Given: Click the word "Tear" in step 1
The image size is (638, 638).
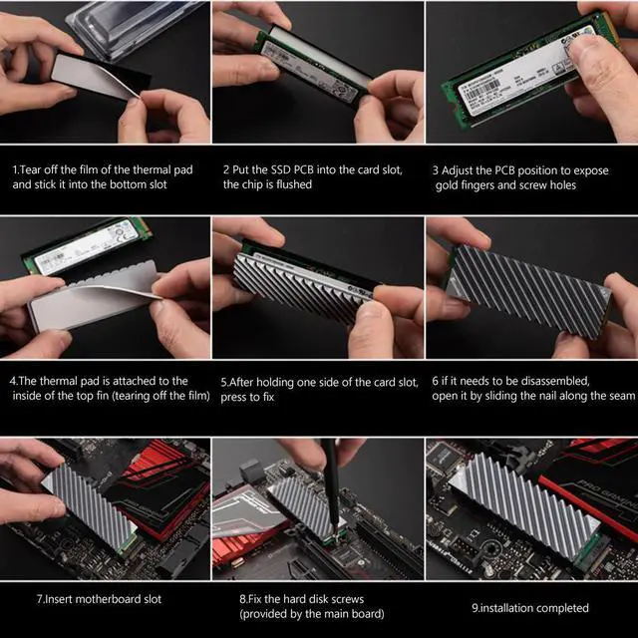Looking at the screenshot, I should click(33, 168).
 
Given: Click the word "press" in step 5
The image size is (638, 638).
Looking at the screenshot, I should click(237, 396).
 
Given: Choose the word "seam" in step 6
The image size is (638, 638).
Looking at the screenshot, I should click(618, 396).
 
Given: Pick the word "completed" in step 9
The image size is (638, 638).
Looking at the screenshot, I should click(559, 607).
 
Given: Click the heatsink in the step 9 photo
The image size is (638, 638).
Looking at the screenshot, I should click(518, 498).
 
